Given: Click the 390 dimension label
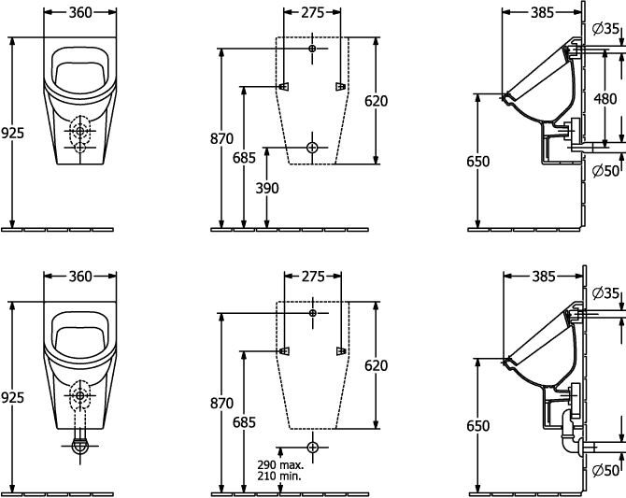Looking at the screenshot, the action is point(267,188).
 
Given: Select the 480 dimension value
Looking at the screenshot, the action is point(605,99).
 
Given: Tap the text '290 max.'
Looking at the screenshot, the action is point(280,465).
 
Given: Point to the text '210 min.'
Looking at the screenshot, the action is point(279,476).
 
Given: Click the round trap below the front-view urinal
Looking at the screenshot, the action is point(80,446).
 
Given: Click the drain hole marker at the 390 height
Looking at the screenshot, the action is point(312,148).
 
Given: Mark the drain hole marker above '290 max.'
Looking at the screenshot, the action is point(313,447).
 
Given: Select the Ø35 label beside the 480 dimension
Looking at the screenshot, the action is point(606,29).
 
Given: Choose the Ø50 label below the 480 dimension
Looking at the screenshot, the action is point(606,171).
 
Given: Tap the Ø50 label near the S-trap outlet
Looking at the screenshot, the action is point(606,470).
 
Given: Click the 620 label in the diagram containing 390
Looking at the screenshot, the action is point(377,101).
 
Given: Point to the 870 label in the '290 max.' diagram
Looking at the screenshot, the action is point(222,404).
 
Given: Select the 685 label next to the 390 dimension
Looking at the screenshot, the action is point(244,158).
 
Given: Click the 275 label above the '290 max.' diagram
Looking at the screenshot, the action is point(313,277).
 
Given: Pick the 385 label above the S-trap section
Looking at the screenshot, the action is point(544,277).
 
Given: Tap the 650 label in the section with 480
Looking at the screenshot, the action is point(477,162).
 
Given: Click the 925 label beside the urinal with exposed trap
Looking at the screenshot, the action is point(12,397).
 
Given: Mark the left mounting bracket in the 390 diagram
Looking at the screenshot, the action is point(284,87).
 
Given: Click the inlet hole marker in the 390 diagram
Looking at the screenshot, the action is point(312,49).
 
